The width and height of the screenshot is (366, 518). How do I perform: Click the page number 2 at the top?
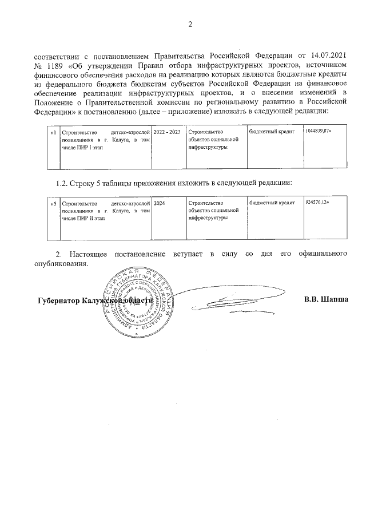190,24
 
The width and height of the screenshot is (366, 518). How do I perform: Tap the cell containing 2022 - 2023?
167,132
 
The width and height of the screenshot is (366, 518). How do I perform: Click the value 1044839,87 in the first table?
319,132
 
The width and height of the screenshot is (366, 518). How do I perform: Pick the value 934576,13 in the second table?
318,203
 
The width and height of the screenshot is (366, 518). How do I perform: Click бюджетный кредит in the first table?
272,132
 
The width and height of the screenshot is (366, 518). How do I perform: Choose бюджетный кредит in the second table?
272,203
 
